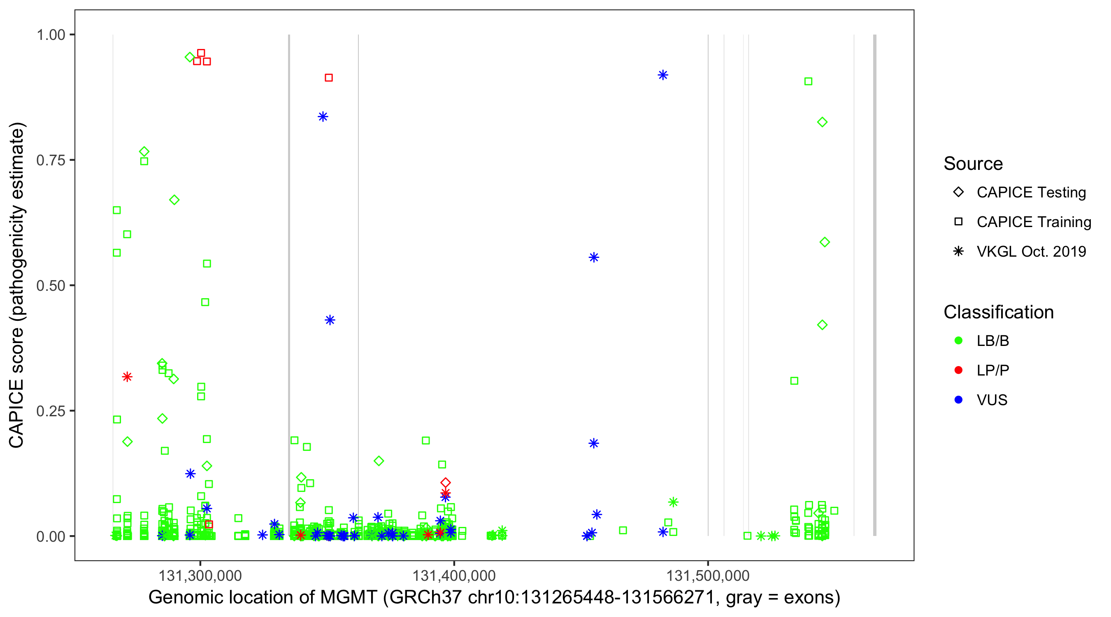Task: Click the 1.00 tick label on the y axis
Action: point(51,35)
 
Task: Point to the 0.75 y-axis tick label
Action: point(51,160)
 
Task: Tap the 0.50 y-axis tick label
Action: point(51,286)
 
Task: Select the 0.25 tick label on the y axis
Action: point(51,411)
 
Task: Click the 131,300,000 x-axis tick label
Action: point(200,575)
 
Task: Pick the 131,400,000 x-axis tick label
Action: point(454,575)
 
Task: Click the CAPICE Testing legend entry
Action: point(1031,193)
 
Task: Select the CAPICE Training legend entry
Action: point(1033,222)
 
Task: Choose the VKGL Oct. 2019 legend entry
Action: point(1031,251)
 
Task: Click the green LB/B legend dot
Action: point(958,341)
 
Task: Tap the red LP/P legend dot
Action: point(958,370)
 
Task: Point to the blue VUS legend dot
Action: point(958,400)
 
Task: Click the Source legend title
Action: point(973,164)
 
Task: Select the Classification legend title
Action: point(998,312)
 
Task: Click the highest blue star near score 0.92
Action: point(663,75)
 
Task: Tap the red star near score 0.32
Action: point(127,377)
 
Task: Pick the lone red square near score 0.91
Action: point(329,78)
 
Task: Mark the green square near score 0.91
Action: point(808,81)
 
